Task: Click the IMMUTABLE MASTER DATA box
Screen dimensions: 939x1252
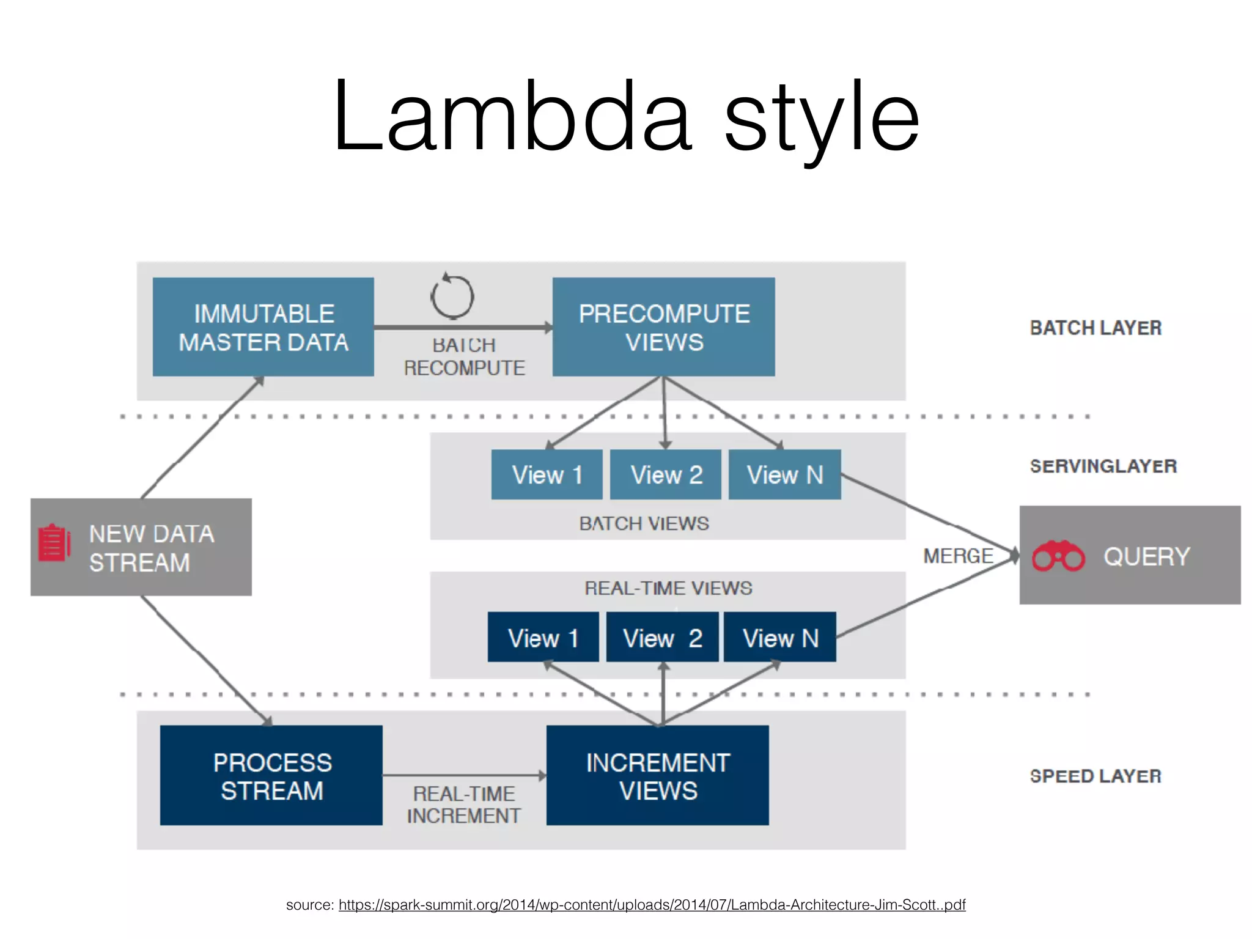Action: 263,327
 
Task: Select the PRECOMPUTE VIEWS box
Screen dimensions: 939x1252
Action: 663,327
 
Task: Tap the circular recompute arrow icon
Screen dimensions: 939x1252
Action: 452,296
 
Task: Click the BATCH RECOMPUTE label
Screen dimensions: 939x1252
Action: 464,356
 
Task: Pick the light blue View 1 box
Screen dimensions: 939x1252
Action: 547,475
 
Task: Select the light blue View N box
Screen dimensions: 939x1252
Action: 784,475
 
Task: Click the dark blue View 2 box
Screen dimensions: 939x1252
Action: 662,638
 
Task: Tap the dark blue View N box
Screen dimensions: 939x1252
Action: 779,638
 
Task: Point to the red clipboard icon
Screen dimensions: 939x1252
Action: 54,543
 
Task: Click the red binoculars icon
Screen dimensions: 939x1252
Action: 1058,556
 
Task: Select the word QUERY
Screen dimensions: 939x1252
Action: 1146,556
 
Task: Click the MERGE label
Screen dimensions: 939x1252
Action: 958,556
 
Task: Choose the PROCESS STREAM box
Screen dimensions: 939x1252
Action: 271,776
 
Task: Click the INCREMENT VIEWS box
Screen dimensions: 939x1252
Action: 657,776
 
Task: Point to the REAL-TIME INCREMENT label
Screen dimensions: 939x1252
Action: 464,805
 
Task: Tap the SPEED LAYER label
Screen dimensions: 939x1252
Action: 1095,776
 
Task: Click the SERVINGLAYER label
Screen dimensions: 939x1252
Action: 1103,466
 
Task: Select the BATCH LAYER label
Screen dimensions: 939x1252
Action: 1095,328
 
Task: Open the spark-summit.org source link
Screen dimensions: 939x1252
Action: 652,905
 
